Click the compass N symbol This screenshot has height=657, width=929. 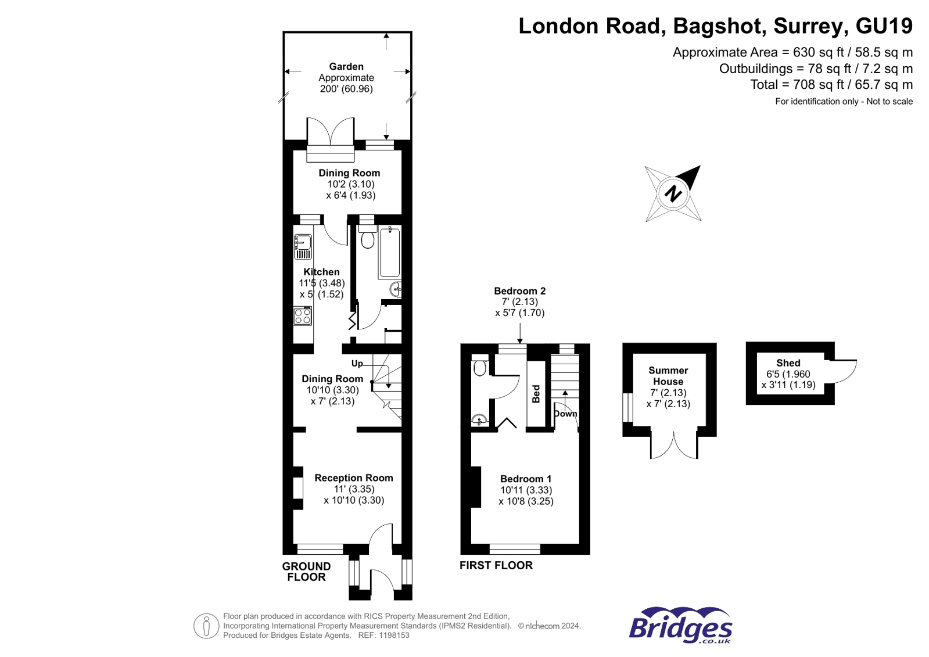point(673,193)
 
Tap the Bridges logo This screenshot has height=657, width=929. point(680,625)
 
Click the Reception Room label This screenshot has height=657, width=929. point(354,478)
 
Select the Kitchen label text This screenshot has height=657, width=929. point(321,272)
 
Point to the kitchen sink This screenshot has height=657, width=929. point(303,247)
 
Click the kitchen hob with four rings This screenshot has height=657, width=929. point(303,316)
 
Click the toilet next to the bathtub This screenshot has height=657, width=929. point(367,236)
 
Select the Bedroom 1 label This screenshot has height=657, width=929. point(526,479)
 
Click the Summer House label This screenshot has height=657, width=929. point(668,376)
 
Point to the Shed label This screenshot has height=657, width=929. point(788,363)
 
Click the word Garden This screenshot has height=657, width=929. point(346,66)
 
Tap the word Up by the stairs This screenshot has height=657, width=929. point(357,364)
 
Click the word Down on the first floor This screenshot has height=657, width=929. point(565,414)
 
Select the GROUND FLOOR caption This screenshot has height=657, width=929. point(307,572)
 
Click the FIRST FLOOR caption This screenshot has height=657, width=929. point(496,565)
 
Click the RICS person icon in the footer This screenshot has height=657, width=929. point(206,626)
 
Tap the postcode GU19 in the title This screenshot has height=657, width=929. point(884,26)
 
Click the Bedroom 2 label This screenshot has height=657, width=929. point(519,291)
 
